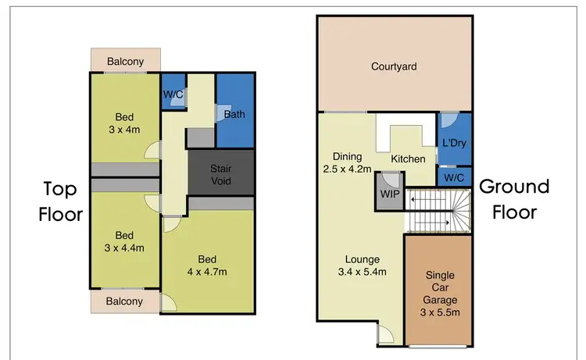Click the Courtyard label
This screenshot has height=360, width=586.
pos(394,67)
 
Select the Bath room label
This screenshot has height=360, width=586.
pos(234,115)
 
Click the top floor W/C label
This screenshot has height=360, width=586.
pos(173,94)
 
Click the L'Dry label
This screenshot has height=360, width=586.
pos(454,145)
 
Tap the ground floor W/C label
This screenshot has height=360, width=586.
pos(454,177)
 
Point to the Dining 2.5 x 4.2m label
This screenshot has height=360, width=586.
pos(345,161)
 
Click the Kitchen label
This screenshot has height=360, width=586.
pos(408,159)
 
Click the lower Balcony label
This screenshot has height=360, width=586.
pos(124,301)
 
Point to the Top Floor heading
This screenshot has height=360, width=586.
pos(61,201)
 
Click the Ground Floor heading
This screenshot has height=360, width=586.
pos(513,198)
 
